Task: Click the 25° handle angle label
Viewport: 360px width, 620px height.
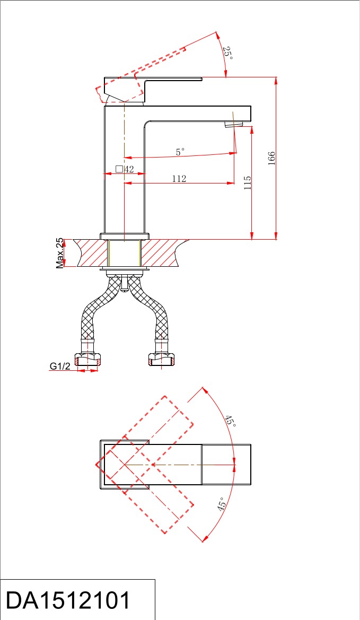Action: [x=228, y=53]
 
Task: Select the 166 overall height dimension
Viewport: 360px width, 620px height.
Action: [x=271, y=159]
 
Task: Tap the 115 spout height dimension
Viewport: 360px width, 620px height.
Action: [x=248, y=183]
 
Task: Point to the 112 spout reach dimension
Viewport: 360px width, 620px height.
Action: [x=179, y=179]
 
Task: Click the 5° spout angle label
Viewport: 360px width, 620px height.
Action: [x=180, y=152]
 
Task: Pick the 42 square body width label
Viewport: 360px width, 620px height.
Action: [x=129, y=169]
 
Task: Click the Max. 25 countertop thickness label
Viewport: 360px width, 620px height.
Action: [x=60, y=253]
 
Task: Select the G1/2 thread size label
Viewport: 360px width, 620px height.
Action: [x=60, y=366]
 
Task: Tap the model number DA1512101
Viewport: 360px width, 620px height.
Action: [x=68, y=600]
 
